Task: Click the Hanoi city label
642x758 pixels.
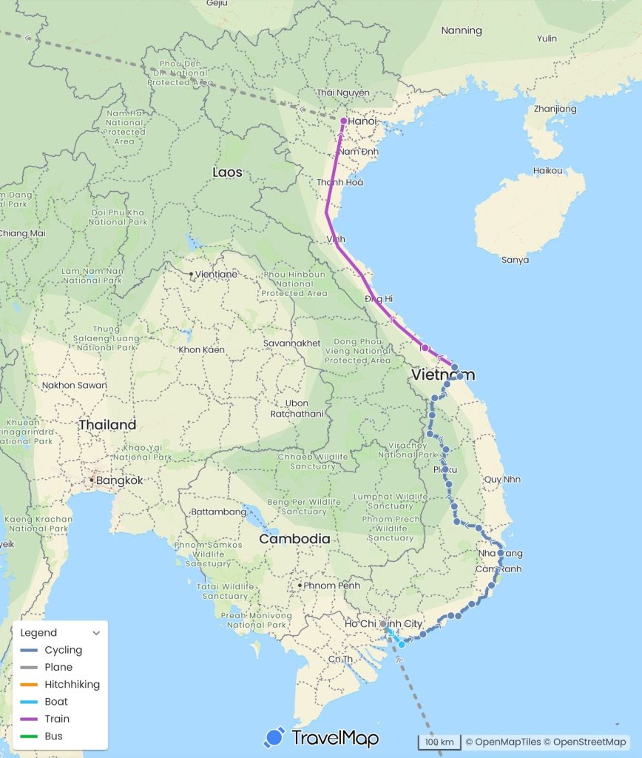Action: [x=363, y=121]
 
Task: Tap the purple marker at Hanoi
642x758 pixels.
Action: [x=344, y=121]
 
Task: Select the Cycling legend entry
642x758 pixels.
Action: [x=63, y=650]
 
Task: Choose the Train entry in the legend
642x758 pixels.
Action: [x=57, y=719]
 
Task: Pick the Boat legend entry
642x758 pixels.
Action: [x=55, y=702]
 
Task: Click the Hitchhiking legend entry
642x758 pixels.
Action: [x=72, y=685]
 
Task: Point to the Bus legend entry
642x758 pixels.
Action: [x=53, y=736]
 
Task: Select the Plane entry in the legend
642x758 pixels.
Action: [x=58, y=667]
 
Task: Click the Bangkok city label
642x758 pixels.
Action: [x=118, y=480]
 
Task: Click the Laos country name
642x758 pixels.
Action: [x=227, y=172]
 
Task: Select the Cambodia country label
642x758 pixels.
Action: [x=294, y=539]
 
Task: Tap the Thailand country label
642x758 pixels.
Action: [x=107, y=425]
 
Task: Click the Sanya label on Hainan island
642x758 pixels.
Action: [x=516, y=260]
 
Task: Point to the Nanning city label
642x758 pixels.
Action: [x=462, y=31]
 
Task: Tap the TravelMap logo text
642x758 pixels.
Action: [x=335, y=738]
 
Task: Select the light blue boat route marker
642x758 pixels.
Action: [x=402, y=645]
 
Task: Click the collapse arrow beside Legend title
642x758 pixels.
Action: [x=96, y=633]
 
